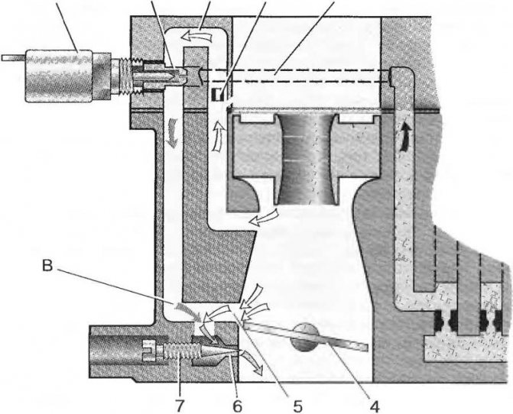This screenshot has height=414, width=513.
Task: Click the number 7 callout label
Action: [180, 406]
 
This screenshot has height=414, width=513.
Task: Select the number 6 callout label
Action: [237, 406]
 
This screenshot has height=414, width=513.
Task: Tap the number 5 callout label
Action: [297, 406]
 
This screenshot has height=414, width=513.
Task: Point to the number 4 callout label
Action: [375, 406]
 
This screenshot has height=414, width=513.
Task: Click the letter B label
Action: [47, 266]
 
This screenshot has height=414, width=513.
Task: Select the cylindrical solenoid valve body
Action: [59, 76]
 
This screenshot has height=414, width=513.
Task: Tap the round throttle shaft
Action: [304, 338]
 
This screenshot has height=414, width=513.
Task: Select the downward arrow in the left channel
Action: [172, 134]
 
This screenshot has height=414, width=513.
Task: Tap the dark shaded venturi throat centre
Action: [306, 160]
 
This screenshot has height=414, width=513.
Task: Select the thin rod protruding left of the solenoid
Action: [14, 58]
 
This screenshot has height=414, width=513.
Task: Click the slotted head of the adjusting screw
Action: [149, 350]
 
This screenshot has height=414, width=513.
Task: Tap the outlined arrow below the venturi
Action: [263, 217]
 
